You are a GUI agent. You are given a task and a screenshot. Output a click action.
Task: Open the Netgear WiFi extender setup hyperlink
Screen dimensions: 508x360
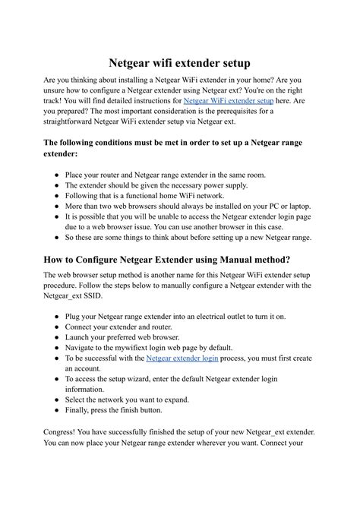click(229, 100)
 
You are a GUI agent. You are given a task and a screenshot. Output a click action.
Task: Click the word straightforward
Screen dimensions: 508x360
click(74, 121)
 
